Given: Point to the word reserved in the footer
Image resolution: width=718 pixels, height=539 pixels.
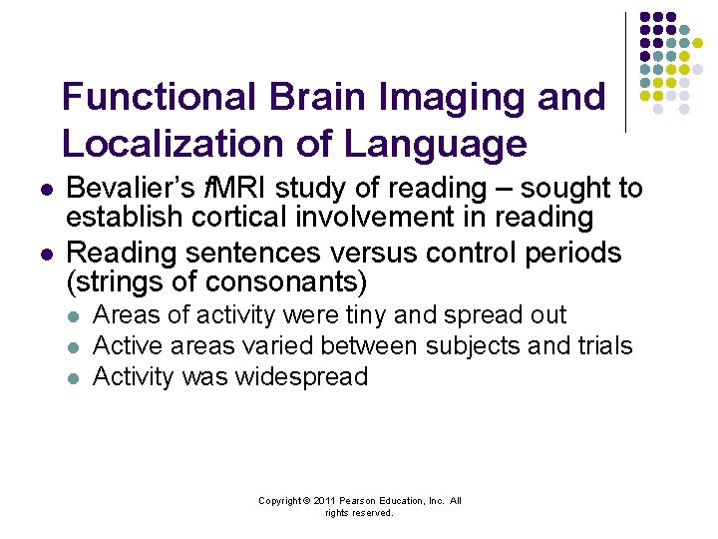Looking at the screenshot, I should (x=372, y=513).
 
